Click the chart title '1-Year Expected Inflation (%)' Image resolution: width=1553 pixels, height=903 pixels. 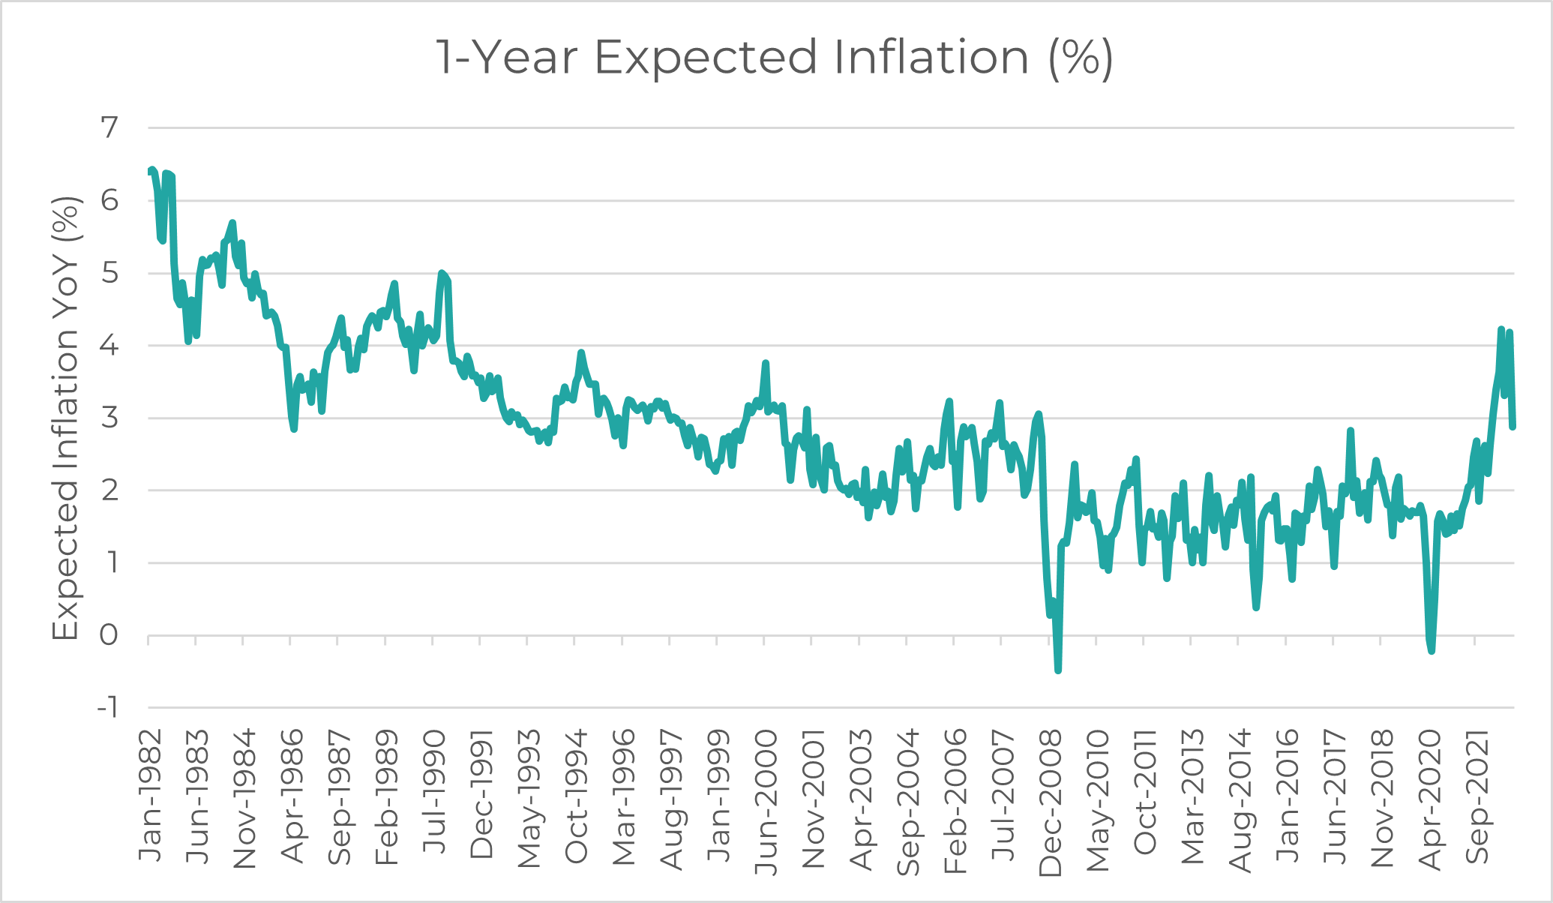pyautogui.click(x=775, y=57)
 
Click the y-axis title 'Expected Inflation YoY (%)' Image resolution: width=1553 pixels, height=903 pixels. pyautogui.click(x=66, y=418)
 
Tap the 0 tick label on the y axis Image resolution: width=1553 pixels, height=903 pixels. pyautogui.click(x=109, y=635)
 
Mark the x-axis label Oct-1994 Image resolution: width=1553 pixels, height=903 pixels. pyautogui.click(x=576, y=796)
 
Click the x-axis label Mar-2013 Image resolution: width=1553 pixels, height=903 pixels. pyautogui.click(x=1192, y=796)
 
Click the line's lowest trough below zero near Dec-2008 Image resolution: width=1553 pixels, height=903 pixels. pyautogui.click(x=1058, y=670)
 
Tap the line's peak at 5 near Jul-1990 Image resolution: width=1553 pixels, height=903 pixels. pyautogui.click(x=442, y=273)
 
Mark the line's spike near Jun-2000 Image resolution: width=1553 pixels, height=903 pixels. pyautogui.click(x=766, y=364)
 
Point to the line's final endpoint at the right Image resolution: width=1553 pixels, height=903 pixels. pyautogui.click(x=1513, y=427)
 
